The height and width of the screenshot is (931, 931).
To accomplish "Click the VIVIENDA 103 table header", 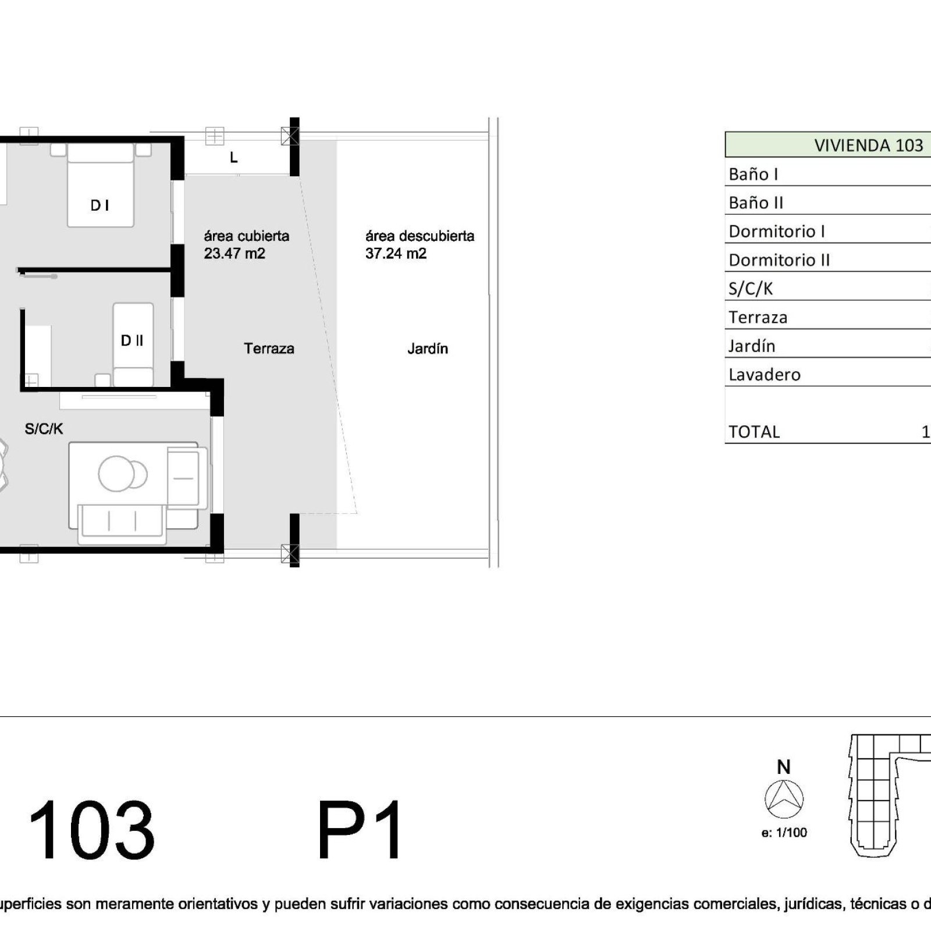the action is click(868, 145).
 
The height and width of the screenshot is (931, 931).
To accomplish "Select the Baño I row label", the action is click(754, 174).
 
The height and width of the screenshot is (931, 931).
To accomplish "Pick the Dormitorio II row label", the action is click(779, 260).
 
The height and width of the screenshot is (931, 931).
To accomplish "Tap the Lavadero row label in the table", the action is click(765, 375).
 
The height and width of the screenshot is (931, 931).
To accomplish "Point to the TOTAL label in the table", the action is click(754, 432).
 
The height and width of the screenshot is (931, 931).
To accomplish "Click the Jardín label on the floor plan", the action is click(428, 349).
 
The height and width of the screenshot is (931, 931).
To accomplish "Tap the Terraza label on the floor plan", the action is click(269, 349).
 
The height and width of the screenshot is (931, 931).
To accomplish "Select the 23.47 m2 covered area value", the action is click(234, 254).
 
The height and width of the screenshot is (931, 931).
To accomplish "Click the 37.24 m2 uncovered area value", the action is click(396, 254).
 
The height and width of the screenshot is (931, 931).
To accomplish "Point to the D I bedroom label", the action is click(100, 205).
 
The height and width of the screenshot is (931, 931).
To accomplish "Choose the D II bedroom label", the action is click(132, 340).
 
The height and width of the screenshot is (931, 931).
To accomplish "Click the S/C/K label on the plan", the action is click(44, 429).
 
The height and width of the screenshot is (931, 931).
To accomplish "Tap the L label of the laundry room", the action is click(234, 158).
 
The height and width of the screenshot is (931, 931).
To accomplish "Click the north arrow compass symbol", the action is click(784, 799).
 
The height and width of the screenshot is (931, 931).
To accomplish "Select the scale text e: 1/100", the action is click(784, 833).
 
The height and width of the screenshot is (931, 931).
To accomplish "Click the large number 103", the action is click(91, 830).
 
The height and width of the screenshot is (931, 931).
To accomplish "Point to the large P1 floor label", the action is click(360, 830).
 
